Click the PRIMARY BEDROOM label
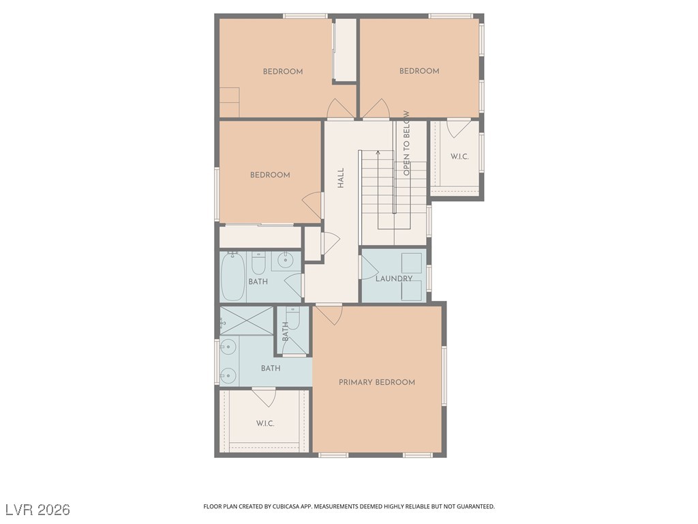tap(376, 382)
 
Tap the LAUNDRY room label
tap(394, 278)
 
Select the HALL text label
tap(341, 178)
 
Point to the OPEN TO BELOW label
tap(406, 143)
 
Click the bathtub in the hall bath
tap(233, 277)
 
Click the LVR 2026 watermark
tap(38, 509)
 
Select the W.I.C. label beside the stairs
tap(459, 156)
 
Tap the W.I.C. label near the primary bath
tap(265, 423)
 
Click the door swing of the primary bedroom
tap(329, 314)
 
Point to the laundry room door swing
tap(369, 267)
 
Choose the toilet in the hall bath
tap(258, 263)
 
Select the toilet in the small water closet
tap(293, 318)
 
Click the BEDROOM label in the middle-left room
tap(270, 175)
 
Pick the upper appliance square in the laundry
tap(412, 263)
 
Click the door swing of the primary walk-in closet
tap(264, 398)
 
